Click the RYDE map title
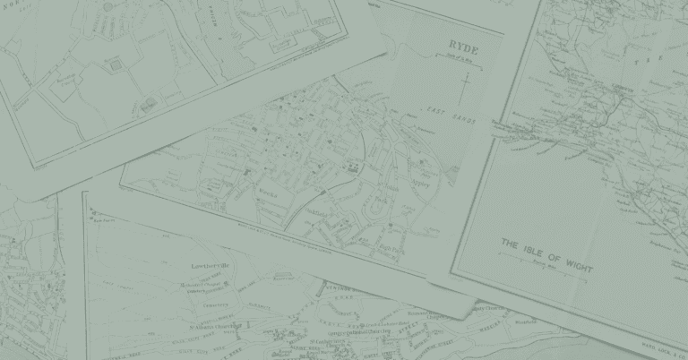tap(463, 44)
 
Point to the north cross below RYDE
tap(464, 88)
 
